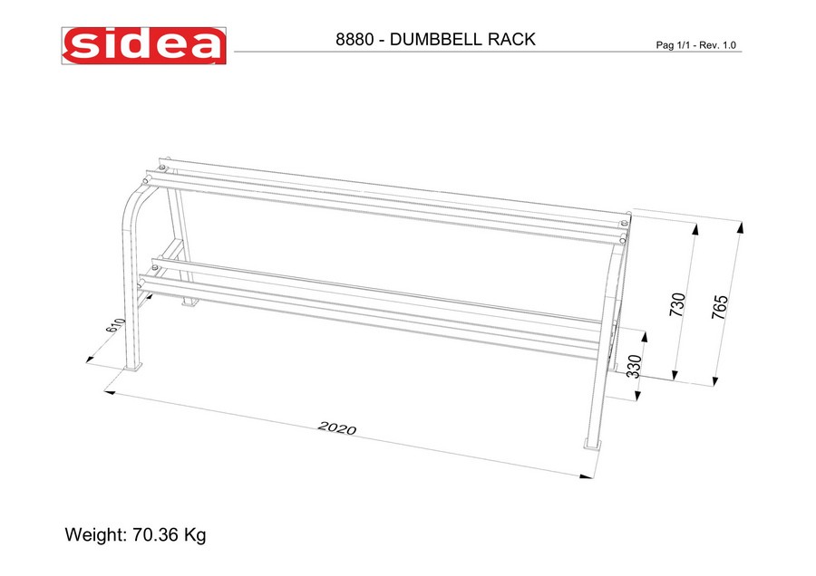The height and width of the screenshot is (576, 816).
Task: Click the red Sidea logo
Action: [x=143, y=46]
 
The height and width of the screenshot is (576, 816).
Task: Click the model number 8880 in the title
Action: [x=355, y=40]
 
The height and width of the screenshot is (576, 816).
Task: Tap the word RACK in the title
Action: [x=511, y=40]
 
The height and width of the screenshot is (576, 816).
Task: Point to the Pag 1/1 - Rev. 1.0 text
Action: [x=695, y=45]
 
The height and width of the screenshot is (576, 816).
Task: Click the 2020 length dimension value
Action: [x=337, y=427]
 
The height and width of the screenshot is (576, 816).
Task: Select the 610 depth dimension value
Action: [x=115, y=325]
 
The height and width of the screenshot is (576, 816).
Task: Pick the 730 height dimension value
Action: [x=677, y=304]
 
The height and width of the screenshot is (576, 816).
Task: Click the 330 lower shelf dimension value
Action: [x=635, y=367]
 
